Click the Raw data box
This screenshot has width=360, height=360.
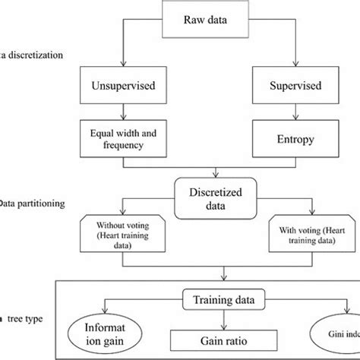(x=218, y=20)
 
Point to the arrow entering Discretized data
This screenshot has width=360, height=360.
(x=218, y=172)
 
